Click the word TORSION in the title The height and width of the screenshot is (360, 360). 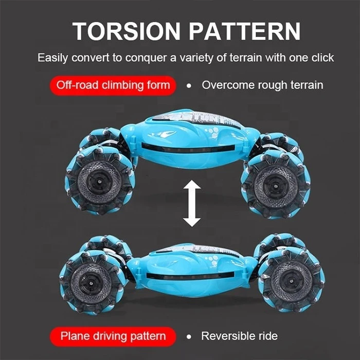tap(126, 31)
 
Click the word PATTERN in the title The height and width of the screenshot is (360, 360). tap(244, 31)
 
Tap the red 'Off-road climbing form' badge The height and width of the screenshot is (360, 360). tap(113, 85)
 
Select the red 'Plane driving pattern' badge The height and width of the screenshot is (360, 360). tap(113, 336)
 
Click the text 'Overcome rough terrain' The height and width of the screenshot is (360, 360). tap(262, 85)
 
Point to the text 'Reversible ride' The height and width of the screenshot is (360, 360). tap(240, 336)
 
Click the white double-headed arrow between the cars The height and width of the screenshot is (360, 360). tap(192, 204)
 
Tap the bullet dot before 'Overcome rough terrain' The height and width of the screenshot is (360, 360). tap(189, 86)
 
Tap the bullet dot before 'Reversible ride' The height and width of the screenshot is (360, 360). tap(189, 337)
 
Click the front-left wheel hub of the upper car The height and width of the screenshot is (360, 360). tap(99, 181)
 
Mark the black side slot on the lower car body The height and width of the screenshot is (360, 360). tap(190, 275)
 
